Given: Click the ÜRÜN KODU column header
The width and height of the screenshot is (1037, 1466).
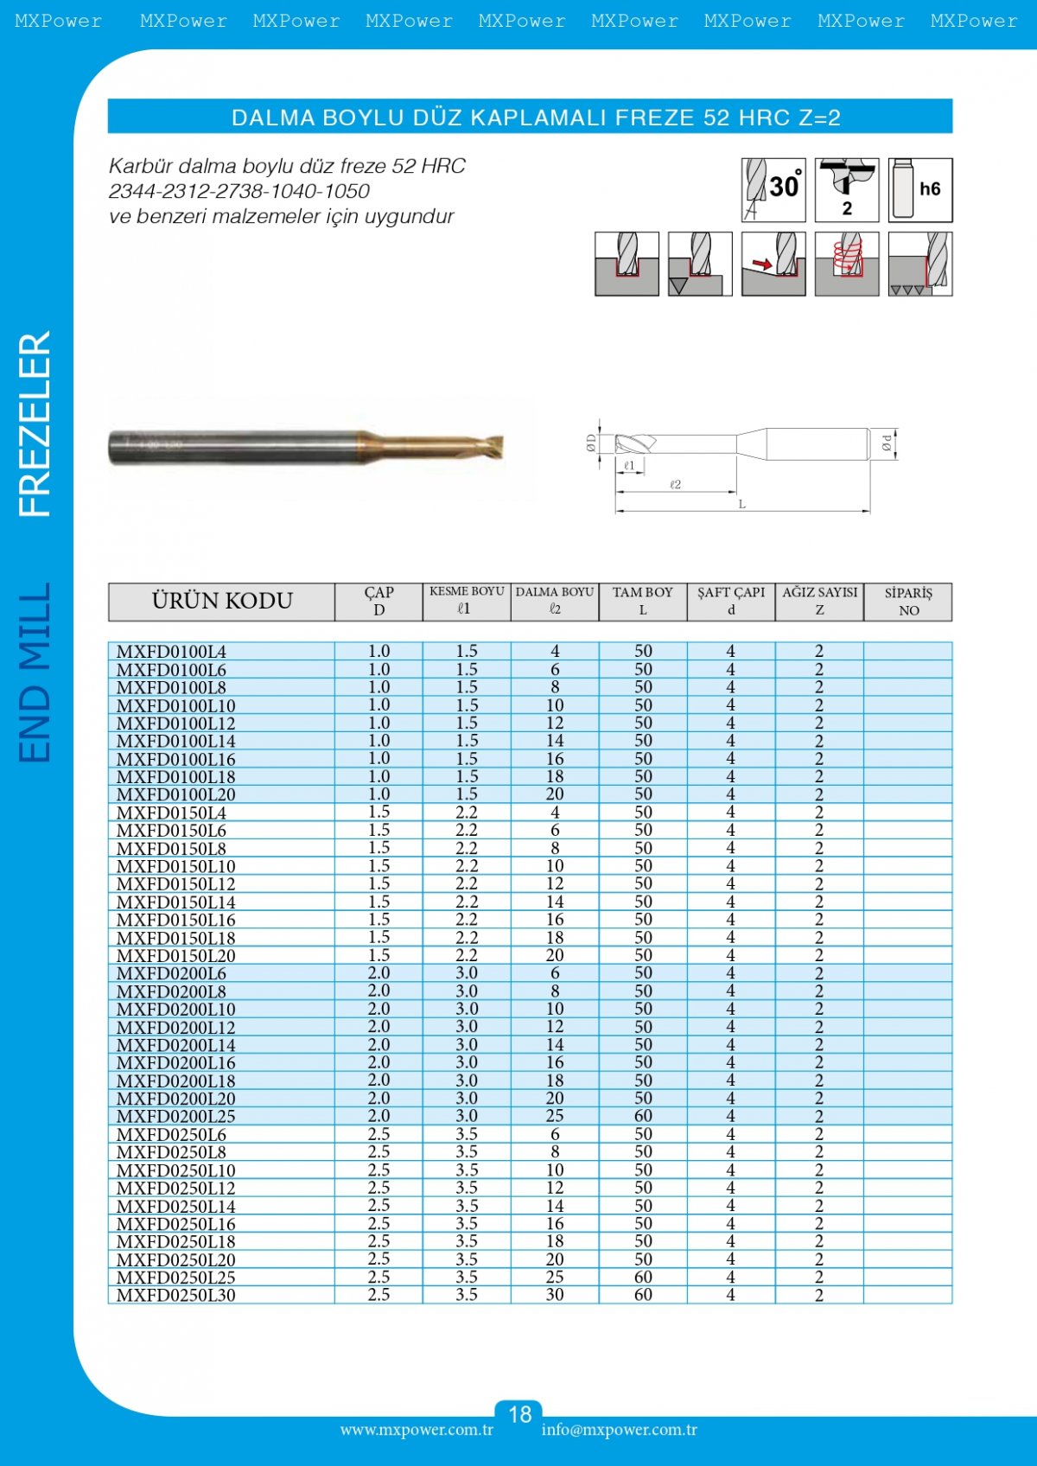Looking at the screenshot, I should tap(222, 601).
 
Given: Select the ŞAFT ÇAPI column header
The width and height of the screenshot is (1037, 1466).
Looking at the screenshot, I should tap(731, 601).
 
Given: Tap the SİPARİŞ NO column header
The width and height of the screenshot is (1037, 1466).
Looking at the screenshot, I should tap(908, 601).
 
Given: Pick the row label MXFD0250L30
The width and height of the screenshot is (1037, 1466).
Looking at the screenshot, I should tap(175, 1295).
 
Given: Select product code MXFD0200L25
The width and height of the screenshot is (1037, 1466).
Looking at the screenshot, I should tap(175, 1116).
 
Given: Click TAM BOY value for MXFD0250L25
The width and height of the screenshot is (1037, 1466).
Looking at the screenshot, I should tap(643, 1277).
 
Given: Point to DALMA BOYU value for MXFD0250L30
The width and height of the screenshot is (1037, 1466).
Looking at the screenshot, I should tap(555, 1295).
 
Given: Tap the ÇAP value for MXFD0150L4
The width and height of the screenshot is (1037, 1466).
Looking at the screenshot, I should tap(379, 813).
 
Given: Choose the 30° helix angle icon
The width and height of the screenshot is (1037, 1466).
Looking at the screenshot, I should tap(773, 189).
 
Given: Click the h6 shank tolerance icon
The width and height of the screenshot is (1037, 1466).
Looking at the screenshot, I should tap(920, 189).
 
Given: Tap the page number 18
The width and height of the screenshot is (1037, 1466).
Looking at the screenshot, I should tap(519, 1414).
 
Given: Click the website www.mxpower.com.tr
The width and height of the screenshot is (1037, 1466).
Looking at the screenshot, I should tap(417, 1430).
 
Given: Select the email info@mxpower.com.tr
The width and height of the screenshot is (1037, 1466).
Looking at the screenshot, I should tap(620, 1430).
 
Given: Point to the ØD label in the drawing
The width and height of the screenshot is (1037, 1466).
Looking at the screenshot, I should tap(591, 443).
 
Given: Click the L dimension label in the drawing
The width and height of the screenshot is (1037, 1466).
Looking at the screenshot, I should tap(741, 504).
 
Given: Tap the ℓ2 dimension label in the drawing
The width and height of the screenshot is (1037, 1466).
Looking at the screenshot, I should tap(675, 485).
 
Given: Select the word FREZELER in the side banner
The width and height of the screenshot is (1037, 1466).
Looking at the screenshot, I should tap(35, 424).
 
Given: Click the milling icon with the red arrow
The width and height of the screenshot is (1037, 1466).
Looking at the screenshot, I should tap(773, 264).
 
